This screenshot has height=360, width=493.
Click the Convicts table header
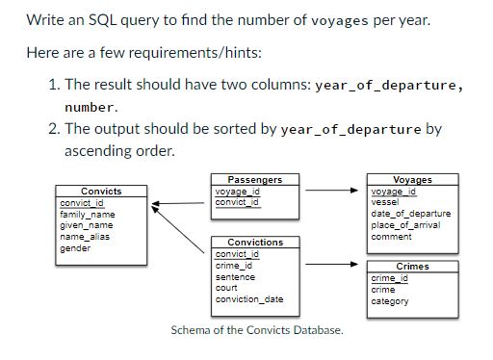pos(100,192)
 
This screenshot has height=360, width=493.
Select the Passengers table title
pos(254,179)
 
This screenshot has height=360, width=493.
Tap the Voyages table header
pos(413,179)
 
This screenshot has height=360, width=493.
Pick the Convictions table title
pos(254,242)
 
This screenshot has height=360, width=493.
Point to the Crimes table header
pos(412,266)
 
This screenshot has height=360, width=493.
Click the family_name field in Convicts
pos(87,214)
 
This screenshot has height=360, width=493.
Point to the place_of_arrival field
pos(404,224)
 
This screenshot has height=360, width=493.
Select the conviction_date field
pos(248,299)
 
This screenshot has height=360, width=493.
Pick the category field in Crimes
pos(390,301)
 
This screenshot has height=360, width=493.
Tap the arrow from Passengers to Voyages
pos(332,191)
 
